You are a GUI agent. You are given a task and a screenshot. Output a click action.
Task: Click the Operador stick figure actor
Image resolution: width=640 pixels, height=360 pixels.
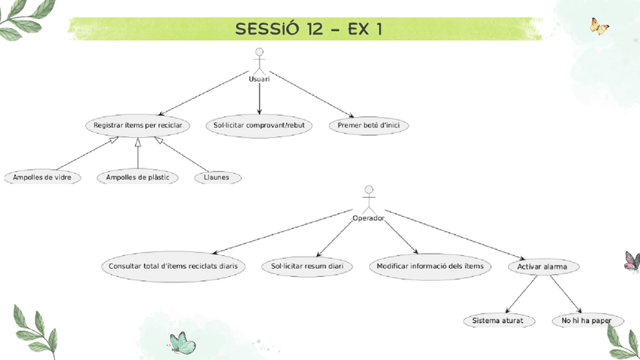pyautogui.click(x=368, y=199)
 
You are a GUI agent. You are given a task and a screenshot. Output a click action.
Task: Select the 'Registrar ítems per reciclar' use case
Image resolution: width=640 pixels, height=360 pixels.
pyautogui.click(x=137, y=125)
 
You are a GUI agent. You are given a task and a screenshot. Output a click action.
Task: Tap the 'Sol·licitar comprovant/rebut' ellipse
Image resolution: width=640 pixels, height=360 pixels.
pyautogui.click(x=259, y=125)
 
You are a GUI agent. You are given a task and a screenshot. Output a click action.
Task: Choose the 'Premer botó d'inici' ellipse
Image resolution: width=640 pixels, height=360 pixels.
pyautogui.click(x=368, y=125)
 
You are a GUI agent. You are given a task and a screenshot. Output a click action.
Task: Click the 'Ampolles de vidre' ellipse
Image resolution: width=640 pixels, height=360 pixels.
pyautogui.click(x=42, y=177)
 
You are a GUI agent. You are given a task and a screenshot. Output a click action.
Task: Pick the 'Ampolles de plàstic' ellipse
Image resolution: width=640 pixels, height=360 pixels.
pyautogui.click(x=137, y=177)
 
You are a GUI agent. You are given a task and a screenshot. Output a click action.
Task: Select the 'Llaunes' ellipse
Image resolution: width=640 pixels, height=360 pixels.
pyautogui.click(x=217, y=177)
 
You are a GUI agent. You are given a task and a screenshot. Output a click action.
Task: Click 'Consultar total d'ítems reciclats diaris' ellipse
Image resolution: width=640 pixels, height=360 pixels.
pyautogui.click(x=174, y=266)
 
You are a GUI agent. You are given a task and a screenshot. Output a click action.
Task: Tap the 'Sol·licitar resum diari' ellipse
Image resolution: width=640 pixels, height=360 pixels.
pyautogui.click(x=307, y=266)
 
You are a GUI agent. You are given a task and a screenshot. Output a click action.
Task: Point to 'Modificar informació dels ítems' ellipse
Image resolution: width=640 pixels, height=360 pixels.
pyautogui.click(x=430, y=266)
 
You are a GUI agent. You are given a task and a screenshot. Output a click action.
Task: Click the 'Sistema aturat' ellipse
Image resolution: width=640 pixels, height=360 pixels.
pyautogui.click(x=499, y=321)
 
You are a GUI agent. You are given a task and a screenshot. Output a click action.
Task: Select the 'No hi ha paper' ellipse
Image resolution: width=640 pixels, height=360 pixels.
pyautogui.click(x=587, y=321)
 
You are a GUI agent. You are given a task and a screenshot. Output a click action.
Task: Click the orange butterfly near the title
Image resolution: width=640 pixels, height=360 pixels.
pyautogui.click(x=599, y=27)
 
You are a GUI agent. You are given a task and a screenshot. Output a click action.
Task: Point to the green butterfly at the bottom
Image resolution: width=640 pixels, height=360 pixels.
pyautogui.click(x=182, y=343)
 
